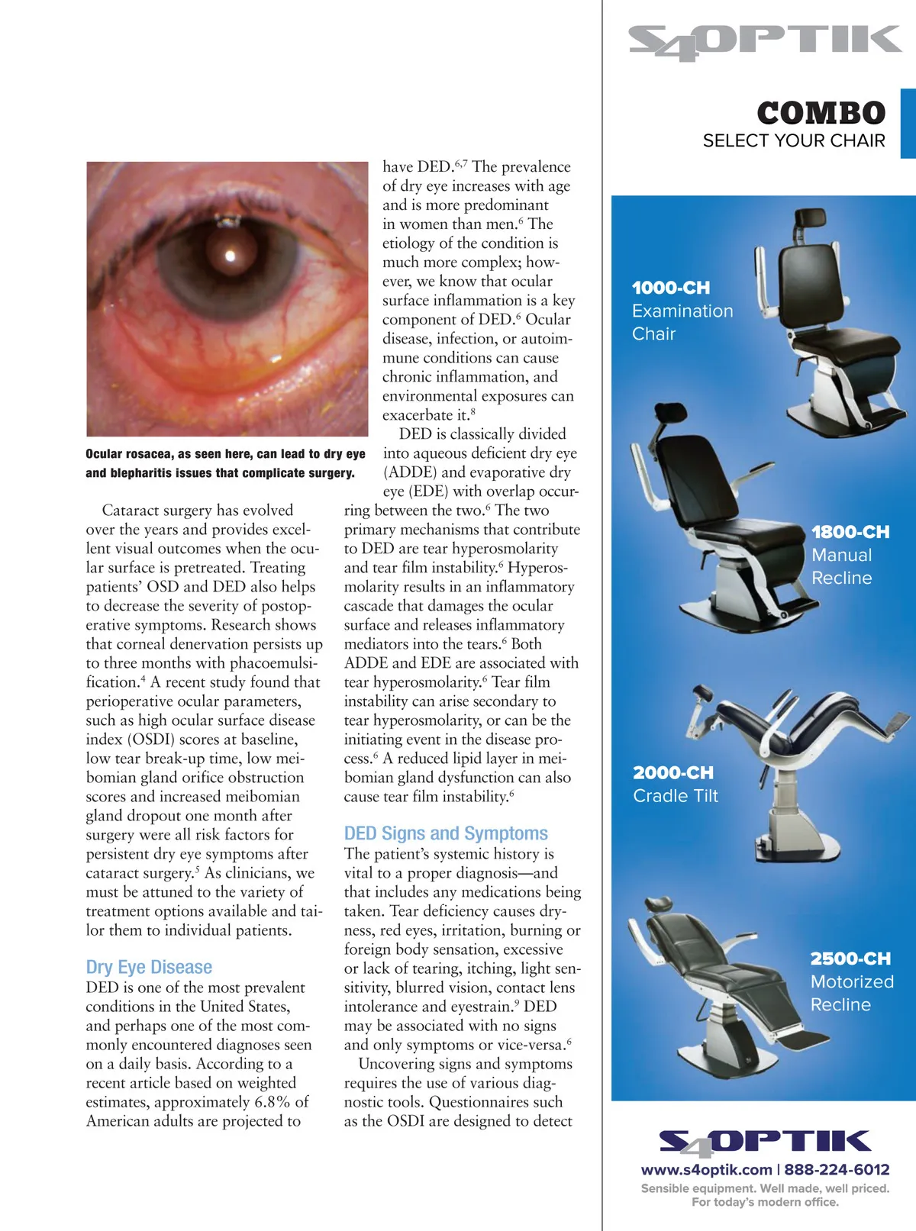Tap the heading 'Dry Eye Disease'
pos(149,967)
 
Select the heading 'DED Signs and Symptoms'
pos(446,833)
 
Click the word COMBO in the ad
pos(821,114)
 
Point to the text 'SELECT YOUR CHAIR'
pos(794,141)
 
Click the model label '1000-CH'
pos(671,288)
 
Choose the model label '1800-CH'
pos(850,532)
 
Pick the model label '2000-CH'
pos(673,773)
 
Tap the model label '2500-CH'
pos(850,959)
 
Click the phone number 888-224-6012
pos(837,1169)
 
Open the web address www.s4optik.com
pos(706,1169)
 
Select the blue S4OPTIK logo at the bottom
pos(765,1142)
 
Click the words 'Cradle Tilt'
pos(676,796)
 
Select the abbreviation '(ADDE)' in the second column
pos(410,472)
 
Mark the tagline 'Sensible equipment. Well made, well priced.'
pos(765,1188)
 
